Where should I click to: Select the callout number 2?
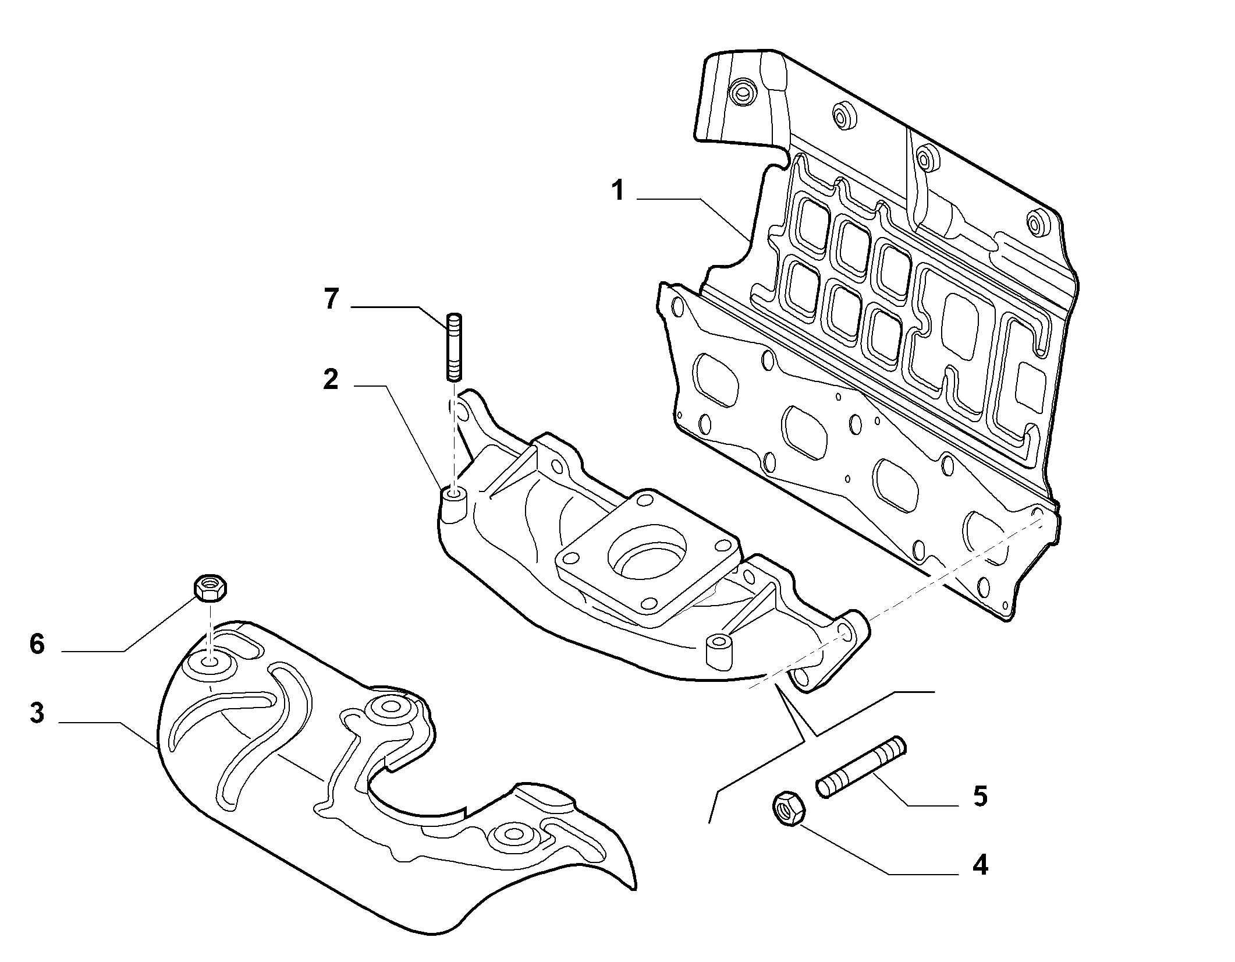coord(330,380)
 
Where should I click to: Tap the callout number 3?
coord(37,712)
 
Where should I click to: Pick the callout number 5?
coord(980,796)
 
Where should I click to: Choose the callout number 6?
coord(37,645)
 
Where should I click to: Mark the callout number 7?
coord(331,299)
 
